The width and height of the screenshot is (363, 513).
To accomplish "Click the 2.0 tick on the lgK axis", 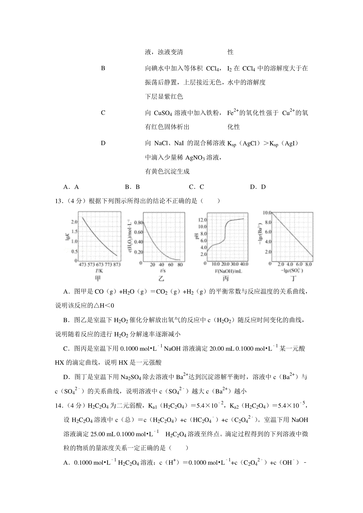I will click(x=74, y=222).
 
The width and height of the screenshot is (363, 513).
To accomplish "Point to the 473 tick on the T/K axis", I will click(x=82, y=265).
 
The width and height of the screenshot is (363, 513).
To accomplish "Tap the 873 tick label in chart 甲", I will click(x=116, y=265).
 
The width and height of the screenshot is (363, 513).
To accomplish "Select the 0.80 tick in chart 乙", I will click(x=138, y=222).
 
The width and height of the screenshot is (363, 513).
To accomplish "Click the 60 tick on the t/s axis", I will click(x=171, y=265).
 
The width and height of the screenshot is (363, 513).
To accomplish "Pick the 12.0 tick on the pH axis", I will click(x=202, y=220).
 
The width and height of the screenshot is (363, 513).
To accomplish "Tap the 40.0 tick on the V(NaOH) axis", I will click(x=244, y=264).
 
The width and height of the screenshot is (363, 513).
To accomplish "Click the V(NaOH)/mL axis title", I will click(x=224, y=271).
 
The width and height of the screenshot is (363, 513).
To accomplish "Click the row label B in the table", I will click(x=103, y=68).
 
